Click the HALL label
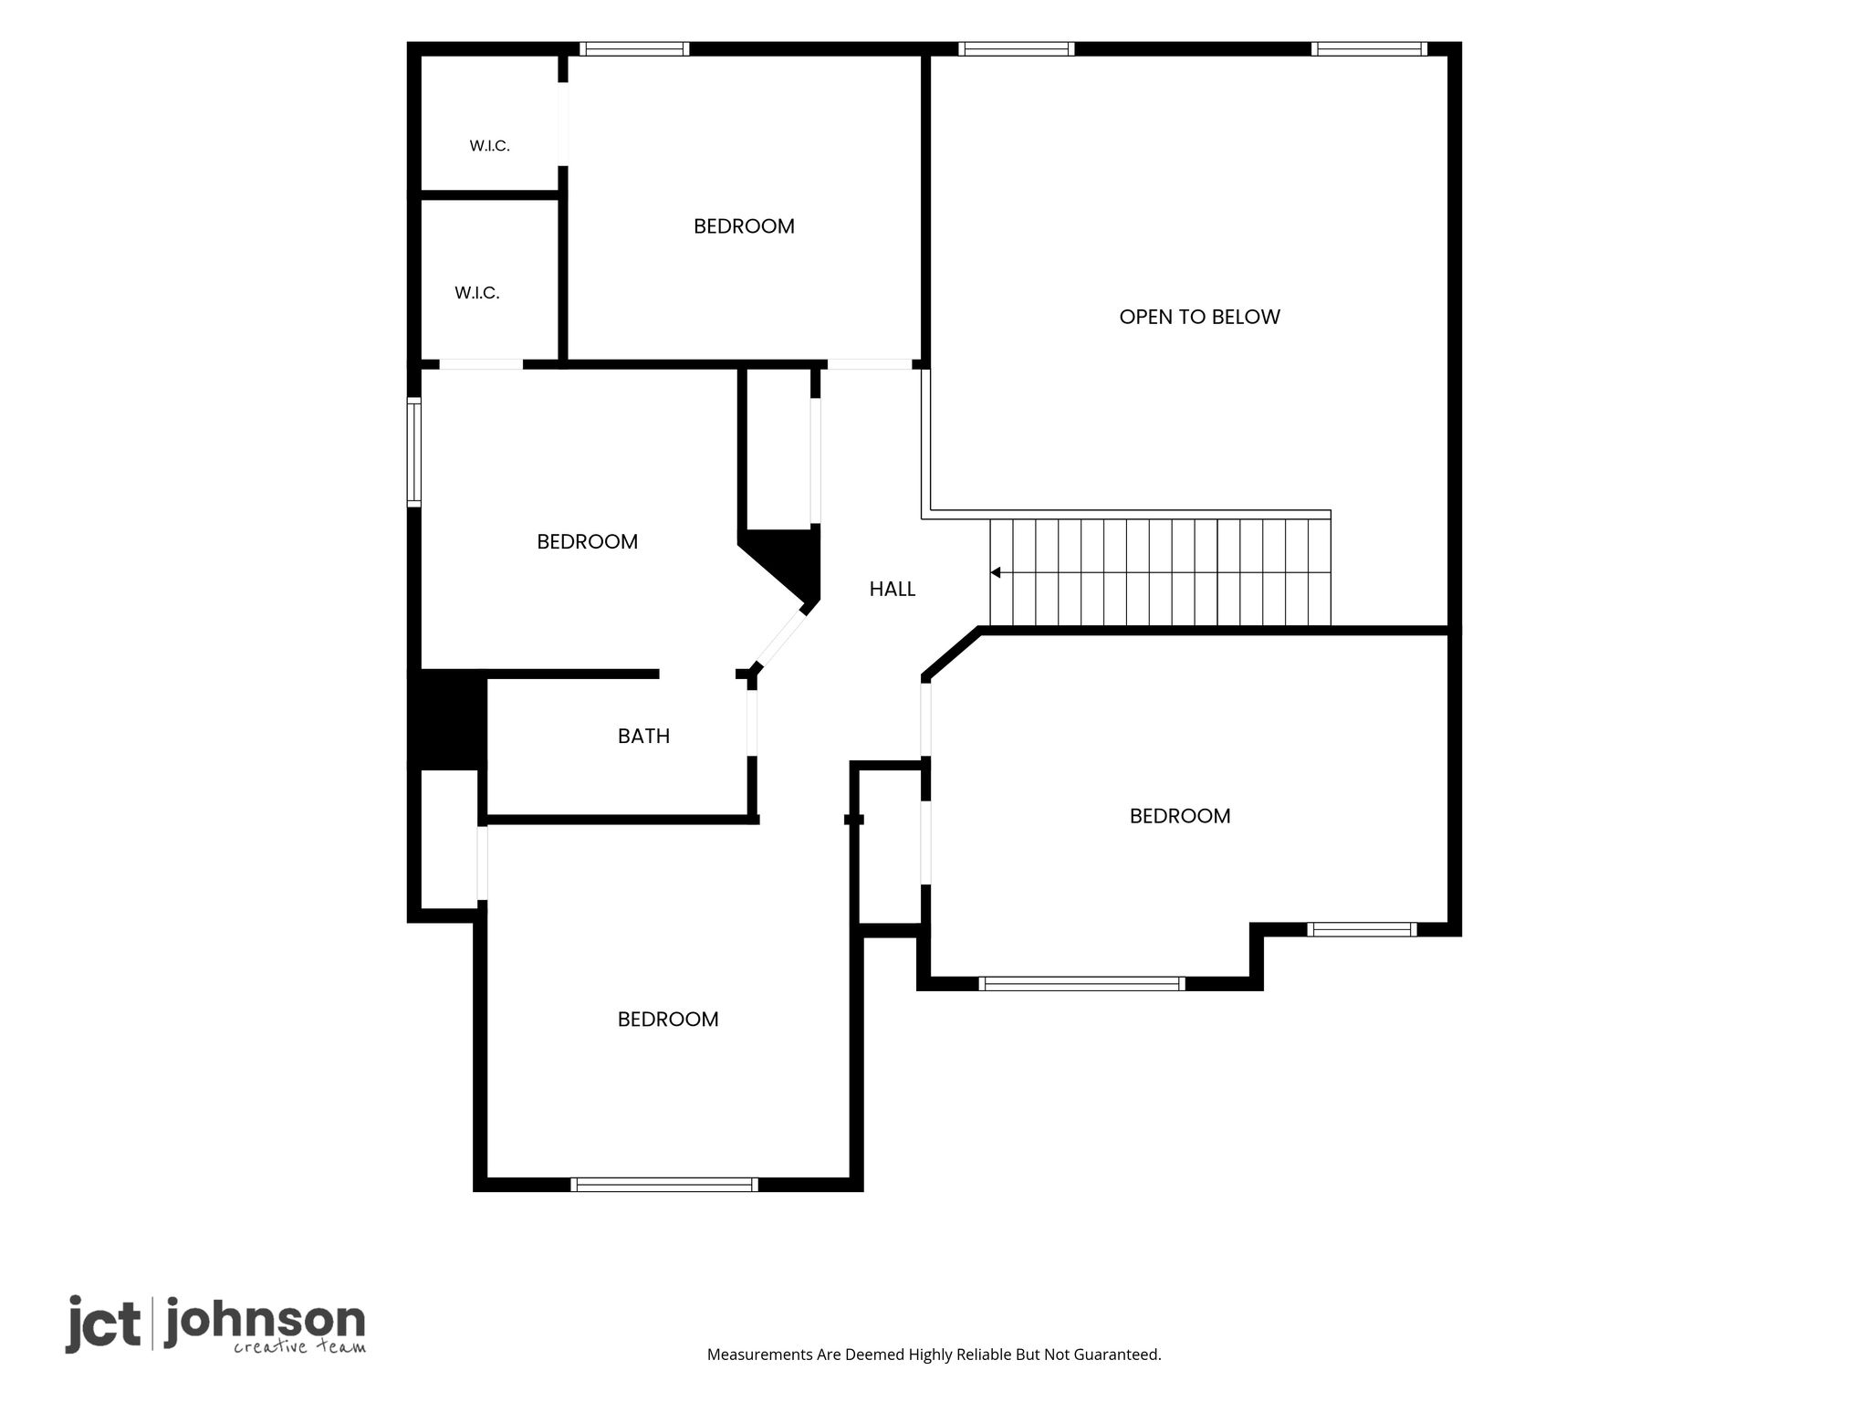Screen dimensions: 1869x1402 892,590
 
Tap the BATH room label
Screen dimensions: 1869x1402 643,736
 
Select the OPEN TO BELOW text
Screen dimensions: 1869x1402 1199,317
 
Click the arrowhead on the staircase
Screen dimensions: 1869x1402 996,572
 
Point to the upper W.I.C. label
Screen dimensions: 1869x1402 489,146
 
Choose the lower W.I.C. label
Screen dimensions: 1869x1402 476,293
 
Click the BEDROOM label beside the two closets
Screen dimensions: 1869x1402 744,226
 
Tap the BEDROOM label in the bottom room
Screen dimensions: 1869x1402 668,1020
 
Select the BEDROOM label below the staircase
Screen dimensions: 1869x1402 1180,816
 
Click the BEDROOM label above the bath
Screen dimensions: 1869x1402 587,542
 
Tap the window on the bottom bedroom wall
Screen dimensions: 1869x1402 664,1185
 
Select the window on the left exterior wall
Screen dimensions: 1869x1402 413,453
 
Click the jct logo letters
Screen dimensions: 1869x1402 103,1324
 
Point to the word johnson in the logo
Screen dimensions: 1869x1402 265,1321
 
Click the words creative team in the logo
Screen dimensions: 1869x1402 299,1346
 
